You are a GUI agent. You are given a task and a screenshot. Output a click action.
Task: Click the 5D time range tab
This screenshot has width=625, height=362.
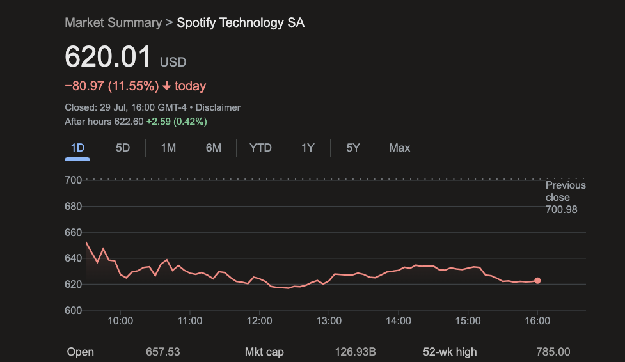coord(123,148)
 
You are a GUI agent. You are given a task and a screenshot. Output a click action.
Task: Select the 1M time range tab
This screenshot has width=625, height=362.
coord(168,148)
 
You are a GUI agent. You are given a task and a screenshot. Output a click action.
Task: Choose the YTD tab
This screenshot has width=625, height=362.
coord(260,148)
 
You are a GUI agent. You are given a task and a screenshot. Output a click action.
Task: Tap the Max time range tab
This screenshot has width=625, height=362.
coord(399,148)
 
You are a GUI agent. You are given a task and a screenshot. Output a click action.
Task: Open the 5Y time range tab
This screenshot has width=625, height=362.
coord(353,148)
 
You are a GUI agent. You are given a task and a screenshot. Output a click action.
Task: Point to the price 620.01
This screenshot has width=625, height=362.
coord(108,57)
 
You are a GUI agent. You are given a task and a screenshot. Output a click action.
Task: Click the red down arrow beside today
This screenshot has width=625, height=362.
coord(167,86)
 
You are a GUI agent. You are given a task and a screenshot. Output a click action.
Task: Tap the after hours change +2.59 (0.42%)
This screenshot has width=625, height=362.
coord(177,121)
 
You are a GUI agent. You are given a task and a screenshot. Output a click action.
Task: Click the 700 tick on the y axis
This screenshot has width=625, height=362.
coord(74,180)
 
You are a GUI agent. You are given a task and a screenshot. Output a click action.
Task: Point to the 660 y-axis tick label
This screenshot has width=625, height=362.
coord(74,232)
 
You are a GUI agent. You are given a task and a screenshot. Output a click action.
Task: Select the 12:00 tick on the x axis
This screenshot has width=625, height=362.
coord(260,320)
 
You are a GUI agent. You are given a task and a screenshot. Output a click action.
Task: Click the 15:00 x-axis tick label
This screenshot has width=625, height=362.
coord(468,320)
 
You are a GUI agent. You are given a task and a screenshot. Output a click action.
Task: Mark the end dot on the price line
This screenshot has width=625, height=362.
coord(537,281)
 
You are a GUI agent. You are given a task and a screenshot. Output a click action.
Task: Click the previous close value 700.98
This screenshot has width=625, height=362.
coord(561,209)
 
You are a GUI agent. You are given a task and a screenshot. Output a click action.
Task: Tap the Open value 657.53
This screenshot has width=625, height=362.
coord(163,352)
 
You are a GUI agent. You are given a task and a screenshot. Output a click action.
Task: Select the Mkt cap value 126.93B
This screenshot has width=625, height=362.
coord(355,352)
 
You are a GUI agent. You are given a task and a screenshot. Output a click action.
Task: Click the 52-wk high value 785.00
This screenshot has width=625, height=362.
coord(553,352)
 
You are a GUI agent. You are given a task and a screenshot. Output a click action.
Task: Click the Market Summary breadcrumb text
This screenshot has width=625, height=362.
coord(113,22)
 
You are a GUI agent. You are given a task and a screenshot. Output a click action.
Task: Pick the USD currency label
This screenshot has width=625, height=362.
coord(173,62)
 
